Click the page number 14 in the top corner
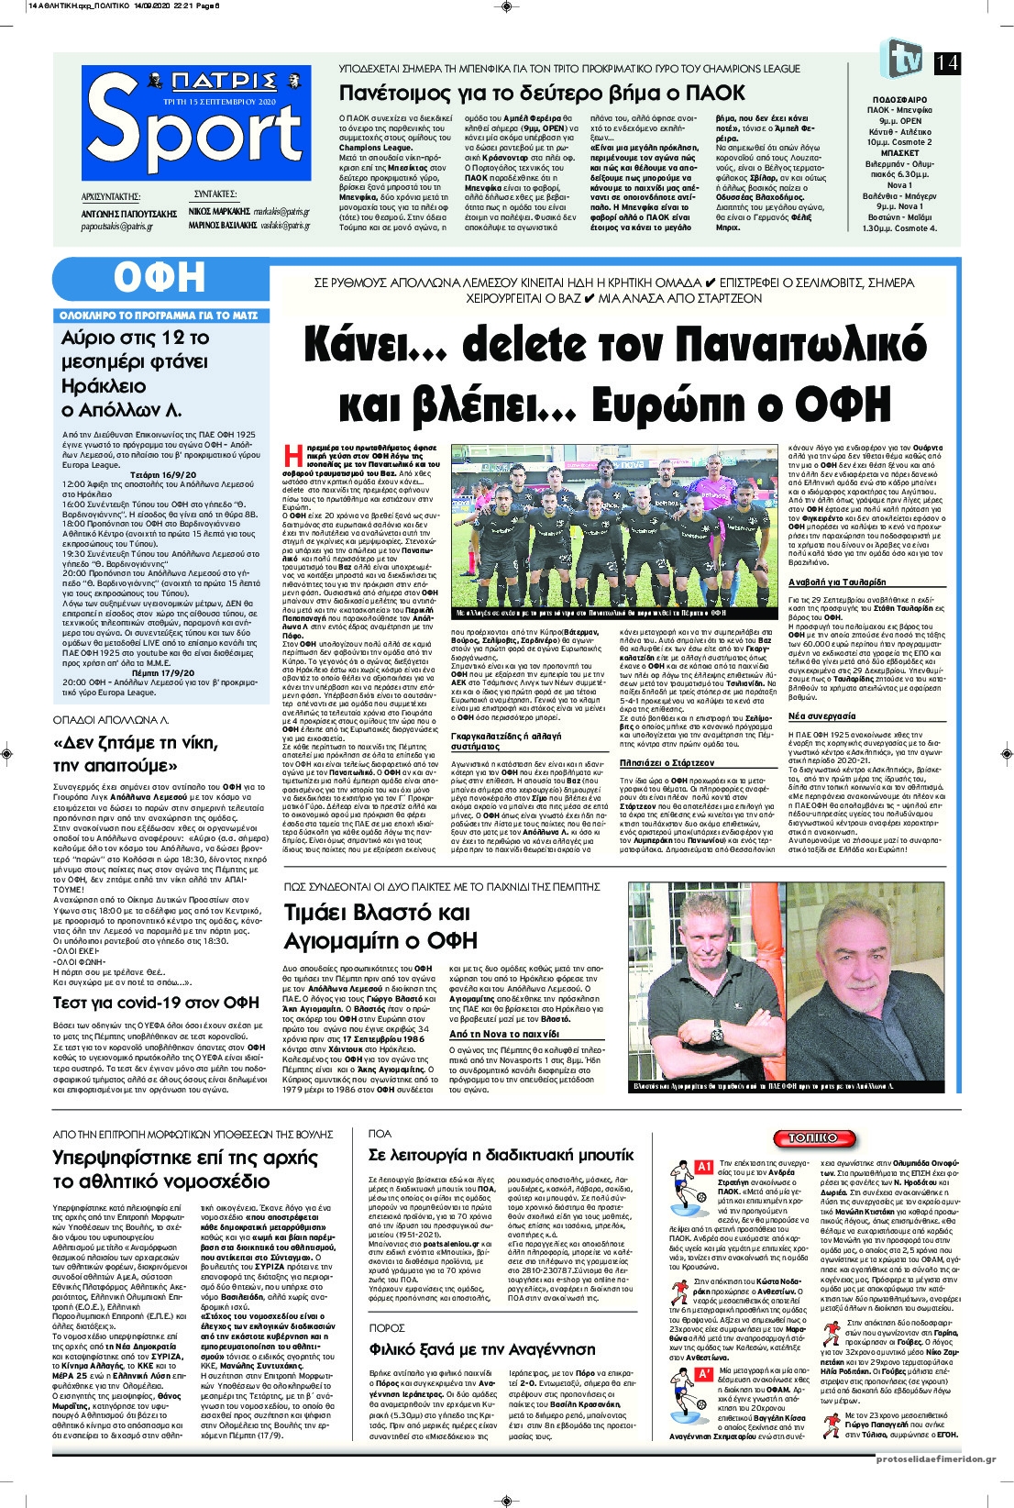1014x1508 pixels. click(947, 62)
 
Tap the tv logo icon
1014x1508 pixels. click(901, 59)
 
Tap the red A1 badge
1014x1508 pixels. click(705, 1167)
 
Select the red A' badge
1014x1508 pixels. click(705, 1373)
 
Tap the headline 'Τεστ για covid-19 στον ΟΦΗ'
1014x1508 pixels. click(156, 1002)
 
